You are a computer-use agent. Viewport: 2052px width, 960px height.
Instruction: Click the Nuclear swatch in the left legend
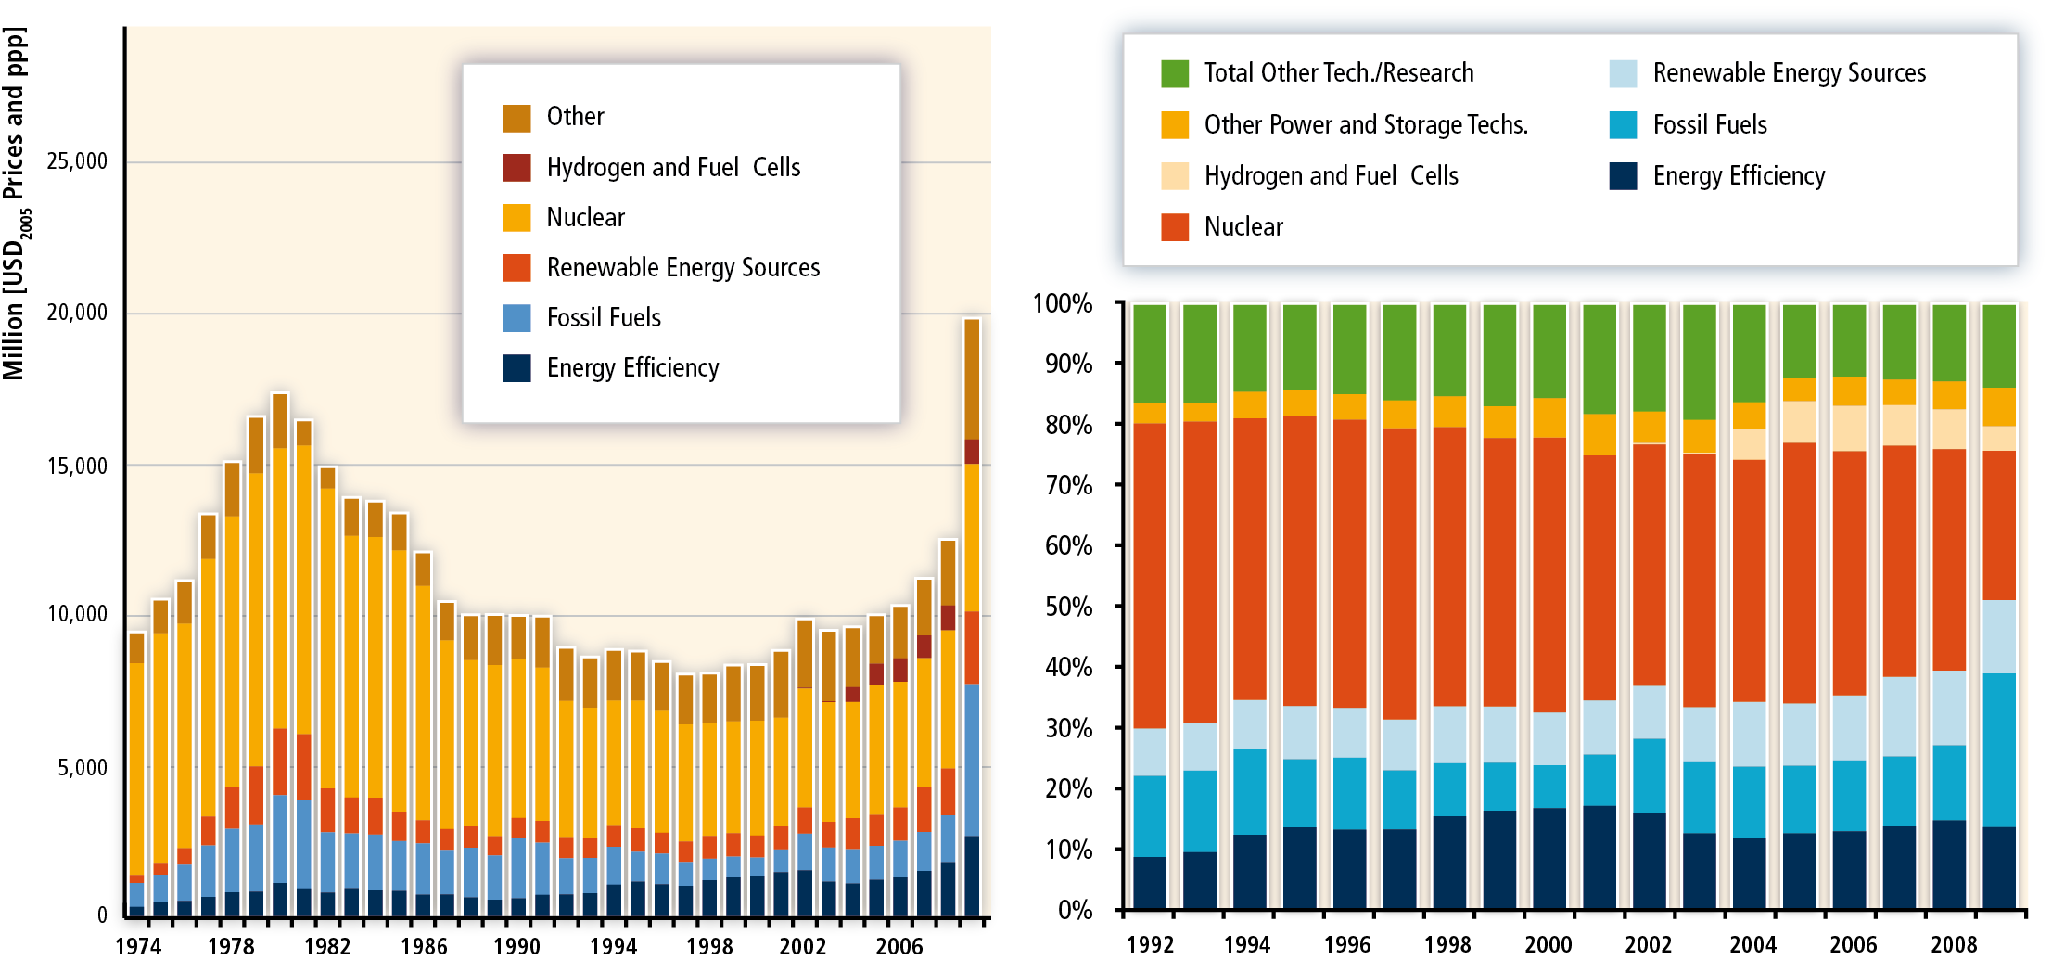(516, 217)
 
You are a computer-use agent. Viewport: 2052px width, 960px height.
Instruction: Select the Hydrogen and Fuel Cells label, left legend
(673, 167)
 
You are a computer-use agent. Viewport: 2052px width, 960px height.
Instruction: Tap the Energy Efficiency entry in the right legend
(1739, 175)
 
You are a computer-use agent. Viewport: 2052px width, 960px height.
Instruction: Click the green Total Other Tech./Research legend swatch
(1175, 73)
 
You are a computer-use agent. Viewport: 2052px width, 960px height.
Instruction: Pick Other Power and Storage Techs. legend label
(1366, 124)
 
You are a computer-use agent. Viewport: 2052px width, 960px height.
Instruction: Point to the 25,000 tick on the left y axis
(78, 161)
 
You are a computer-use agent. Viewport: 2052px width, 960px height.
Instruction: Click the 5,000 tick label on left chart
(83, 767)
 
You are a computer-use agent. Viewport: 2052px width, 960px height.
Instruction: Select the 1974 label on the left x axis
(138, 945)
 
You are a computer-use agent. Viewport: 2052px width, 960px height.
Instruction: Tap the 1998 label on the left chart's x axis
(709, 945)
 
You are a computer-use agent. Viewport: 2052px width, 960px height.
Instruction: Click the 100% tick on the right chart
(1063, 303)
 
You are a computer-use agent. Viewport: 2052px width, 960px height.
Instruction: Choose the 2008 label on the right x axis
(1954, 944)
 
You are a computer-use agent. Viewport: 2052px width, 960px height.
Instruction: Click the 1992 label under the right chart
(1150, 944)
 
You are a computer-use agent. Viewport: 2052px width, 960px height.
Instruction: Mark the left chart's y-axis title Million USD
(15, 204)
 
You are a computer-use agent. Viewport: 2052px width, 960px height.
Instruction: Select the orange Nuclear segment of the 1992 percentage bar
(1150, 575)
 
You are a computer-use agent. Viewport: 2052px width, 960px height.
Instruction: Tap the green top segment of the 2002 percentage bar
(1650, 357)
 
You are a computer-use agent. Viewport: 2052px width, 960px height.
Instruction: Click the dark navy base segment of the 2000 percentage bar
(1549, 858)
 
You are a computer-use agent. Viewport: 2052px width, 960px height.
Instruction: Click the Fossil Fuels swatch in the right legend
(1624, 124)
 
